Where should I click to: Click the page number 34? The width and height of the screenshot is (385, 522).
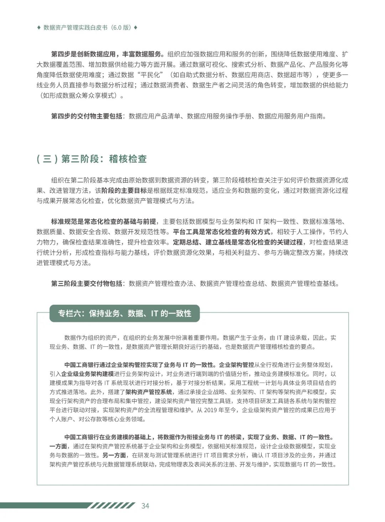[145, 506]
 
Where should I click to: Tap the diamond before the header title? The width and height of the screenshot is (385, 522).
[38, 28]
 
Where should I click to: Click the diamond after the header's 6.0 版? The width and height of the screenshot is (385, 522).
[135, 28]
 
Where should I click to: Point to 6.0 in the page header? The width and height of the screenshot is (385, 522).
[117, 28]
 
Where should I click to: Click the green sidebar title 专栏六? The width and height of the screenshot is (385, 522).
[124, 313]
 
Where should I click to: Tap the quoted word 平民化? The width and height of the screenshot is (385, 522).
[150, 75]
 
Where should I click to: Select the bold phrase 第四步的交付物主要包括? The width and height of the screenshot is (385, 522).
[87, 116]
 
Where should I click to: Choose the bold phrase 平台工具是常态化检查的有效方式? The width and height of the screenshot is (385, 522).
[221, 232]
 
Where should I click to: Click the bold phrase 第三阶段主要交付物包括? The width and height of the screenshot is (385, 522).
[87, 283]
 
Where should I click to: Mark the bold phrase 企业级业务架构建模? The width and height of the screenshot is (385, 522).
[87, 374]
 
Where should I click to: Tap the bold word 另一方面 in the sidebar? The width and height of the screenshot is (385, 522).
[114, 455]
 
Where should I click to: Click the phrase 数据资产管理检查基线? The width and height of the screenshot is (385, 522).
[303, 283]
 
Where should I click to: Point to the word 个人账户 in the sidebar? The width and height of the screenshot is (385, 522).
[61, 419]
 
